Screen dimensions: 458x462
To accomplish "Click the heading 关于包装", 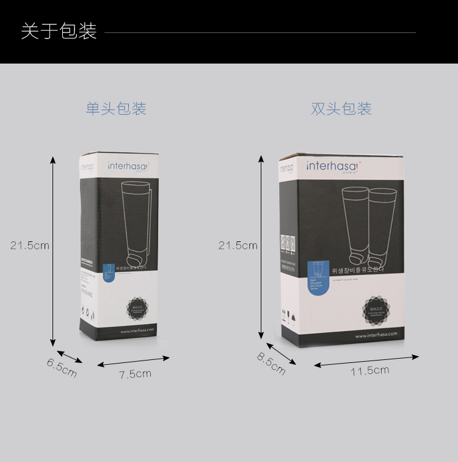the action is pos(59,31).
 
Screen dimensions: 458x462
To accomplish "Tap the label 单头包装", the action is pos(116,109).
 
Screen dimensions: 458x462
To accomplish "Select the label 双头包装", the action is pos(341,109).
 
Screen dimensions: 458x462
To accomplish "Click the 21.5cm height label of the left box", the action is pos(30,246).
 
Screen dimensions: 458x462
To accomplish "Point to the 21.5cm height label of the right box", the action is pos(238,246).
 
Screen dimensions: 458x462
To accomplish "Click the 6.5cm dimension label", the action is pos(62,367).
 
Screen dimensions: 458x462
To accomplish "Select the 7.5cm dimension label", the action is pos(135,374).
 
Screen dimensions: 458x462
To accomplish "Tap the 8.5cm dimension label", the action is pos(271,364).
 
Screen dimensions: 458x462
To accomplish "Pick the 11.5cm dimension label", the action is pos(369,371).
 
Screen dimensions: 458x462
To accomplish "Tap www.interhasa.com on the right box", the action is pos(376,334).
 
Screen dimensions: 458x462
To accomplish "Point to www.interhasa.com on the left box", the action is pos(138,331).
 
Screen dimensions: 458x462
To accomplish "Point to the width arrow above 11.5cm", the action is pos(366,361).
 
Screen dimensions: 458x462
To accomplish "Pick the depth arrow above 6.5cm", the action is pos(69,356).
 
